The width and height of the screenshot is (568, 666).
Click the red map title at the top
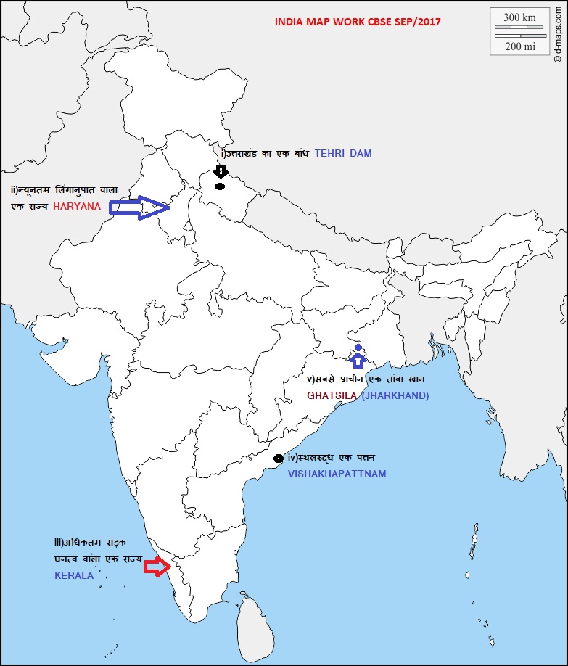pos(358,21)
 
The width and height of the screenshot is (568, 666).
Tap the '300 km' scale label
pos(519,17)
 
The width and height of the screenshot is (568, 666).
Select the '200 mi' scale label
pos(519,46)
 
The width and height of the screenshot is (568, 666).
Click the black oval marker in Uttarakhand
pos(220,186)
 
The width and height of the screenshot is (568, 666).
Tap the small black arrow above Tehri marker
pos(221,172)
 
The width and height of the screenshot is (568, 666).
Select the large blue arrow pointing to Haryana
pos(139,207)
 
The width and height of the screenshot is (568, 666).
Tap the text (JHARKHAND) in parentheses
pos(395,395)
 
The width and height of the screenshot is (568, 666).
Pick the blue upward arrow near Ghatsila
pos(358,360)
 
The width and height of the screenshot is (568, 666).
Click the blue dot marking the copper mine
pos(358,348)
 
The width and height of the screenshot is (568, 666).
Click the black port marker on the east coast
pos(278,459)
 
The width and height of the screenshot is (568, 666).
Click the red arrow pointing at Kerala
pos(157,567)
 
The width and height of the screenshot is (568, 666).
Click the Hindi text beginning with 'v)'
pos(366,379)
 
